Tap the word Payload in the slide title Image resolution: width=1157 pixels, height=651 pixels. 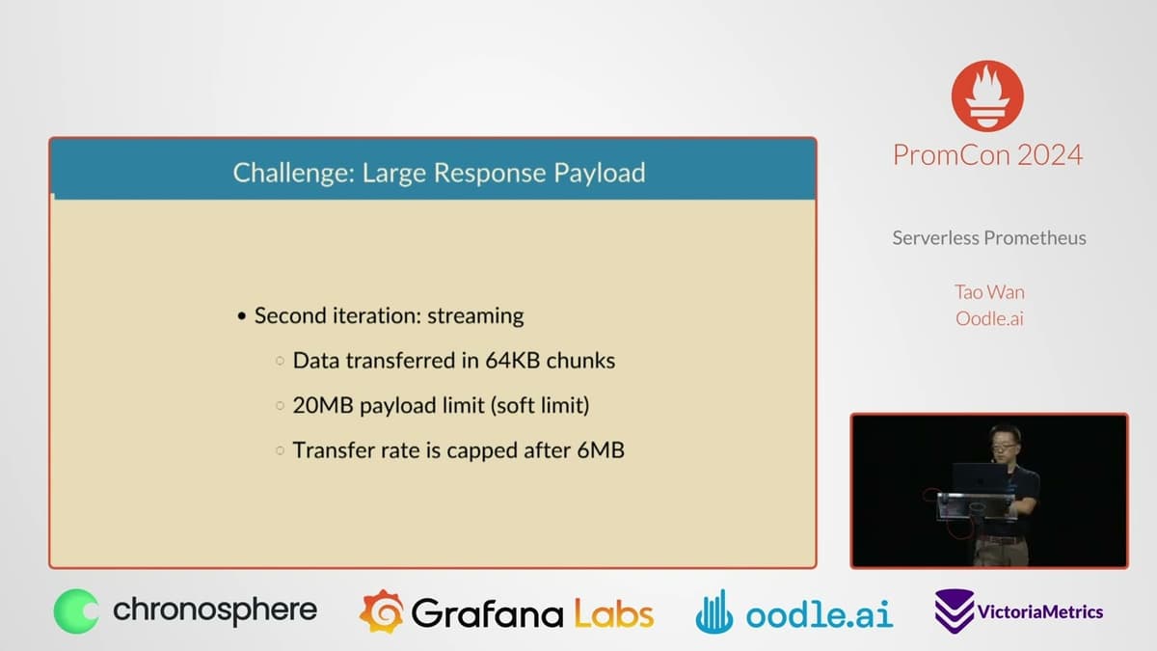coord(600,173)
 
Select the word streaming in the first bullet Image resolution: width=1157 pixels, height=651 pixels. coord(475,315)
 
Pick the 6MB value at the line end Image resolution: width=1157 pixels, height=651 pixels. coord(601,450)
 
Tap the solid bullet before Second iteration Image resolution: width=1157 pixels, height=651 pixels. coord(242,316)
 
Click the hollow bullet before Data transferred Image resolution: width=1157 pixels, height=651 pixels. coord(280,361)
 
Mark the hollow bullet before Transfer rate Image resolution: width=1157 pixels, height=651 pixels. coord(280,450)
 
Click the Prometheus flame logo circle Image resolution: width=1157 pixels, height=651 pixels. coord(987,96)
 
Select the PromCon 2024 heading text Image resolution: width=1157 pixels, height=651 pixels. coord(987,155)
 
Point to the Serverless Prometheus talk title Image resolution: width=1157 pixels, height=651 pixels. coord(989,238)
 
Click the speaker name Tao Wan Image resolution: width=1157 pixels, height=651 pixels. coord(989,292)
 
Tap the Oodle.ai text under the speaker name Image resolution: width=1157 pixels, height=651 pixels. coord(989,319)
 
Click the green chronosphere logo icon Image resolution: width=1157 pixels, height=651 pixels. coord(76,611)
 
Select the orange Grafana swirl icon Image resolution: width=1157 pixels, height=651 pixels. coord(382,611)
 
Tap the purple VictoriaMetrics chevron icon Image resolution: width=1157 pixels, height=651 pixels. coord(954,611)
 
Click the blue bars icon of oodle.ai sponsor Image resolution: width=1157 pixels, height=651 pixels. coord(714,612)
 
